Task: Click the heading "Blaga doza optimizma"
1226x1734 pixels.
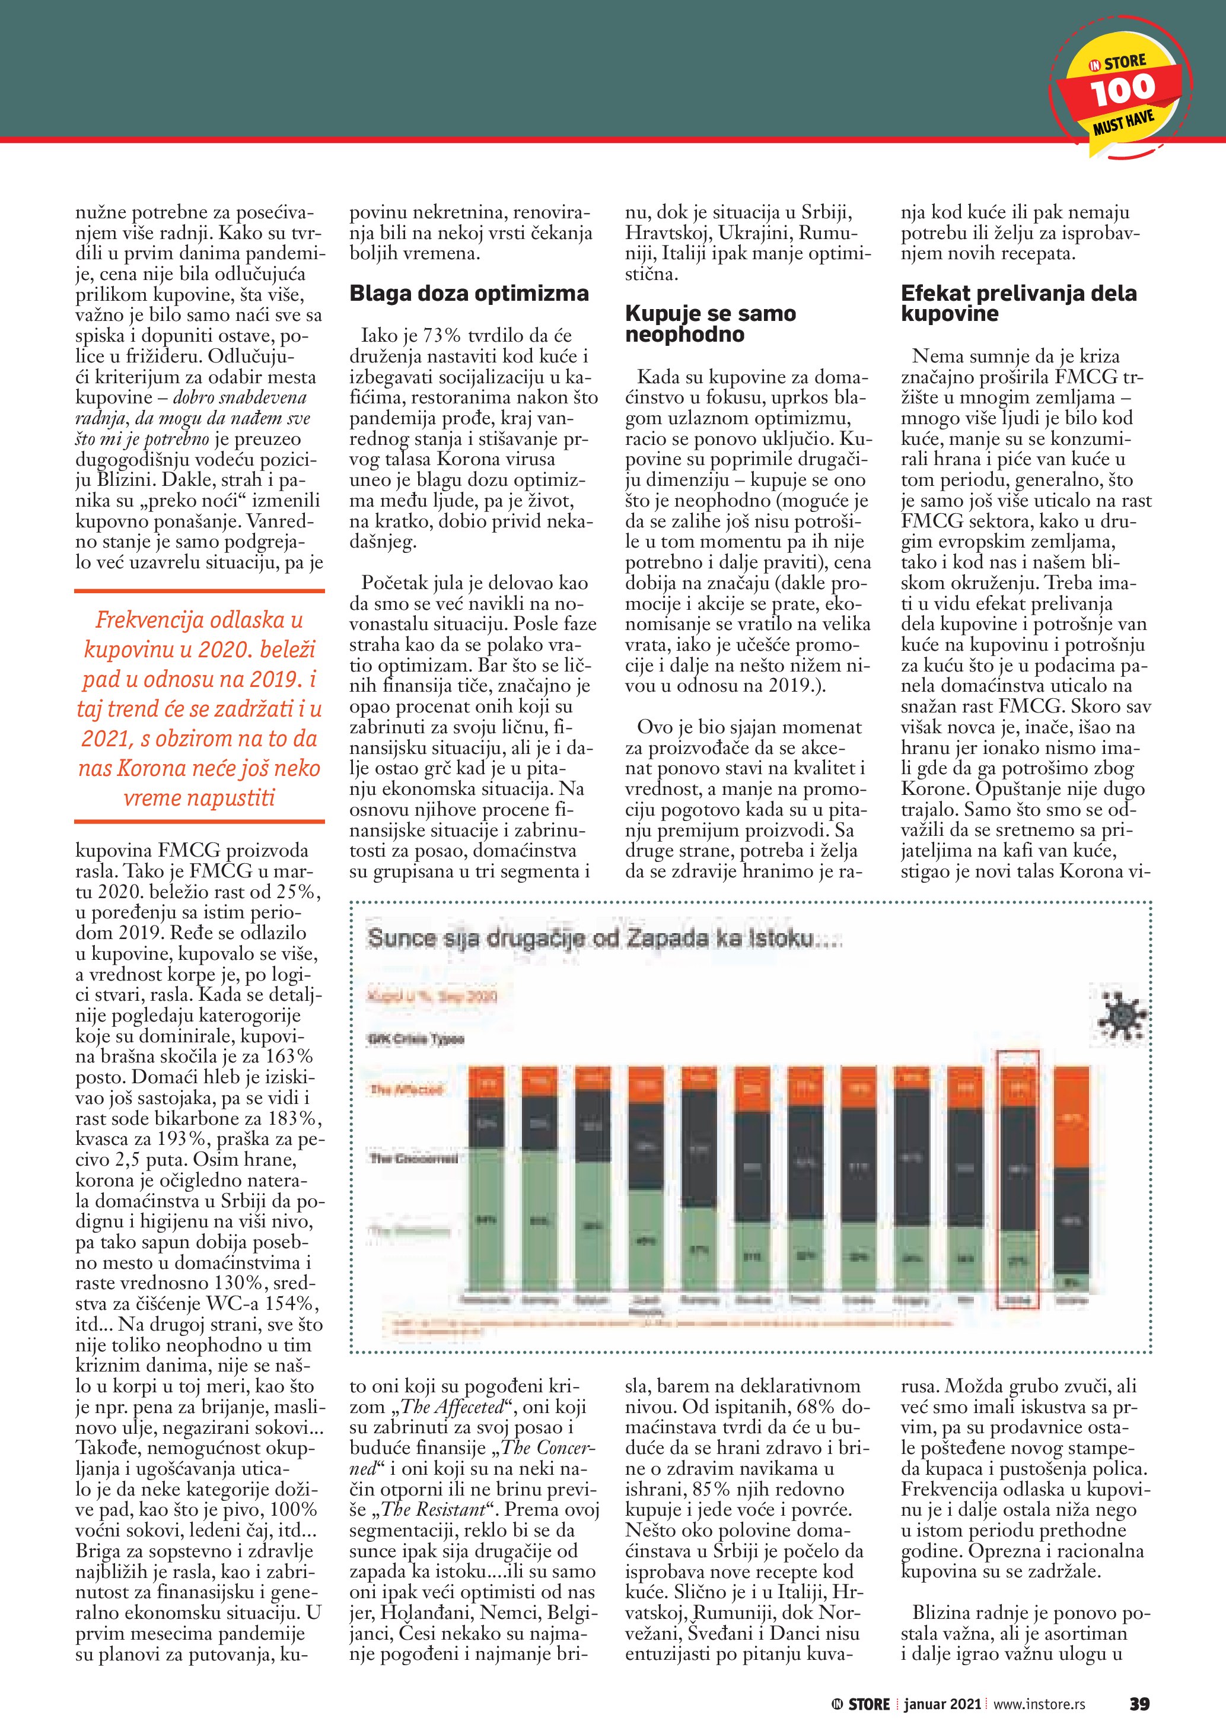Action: coord(469,294)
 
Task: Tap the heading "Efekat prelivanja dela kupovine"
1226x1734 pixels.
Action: coord(1018,304)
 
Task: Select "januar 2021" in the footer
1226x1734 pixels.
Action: coord(942,1704)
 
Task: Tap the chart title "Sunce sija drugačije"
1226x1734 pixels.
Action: coord(604,938)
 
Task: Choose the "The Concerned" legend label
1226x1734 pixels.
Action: coord(413,1158)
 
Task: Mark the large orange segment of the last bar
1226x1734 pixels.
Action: coord(1071,1118)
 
